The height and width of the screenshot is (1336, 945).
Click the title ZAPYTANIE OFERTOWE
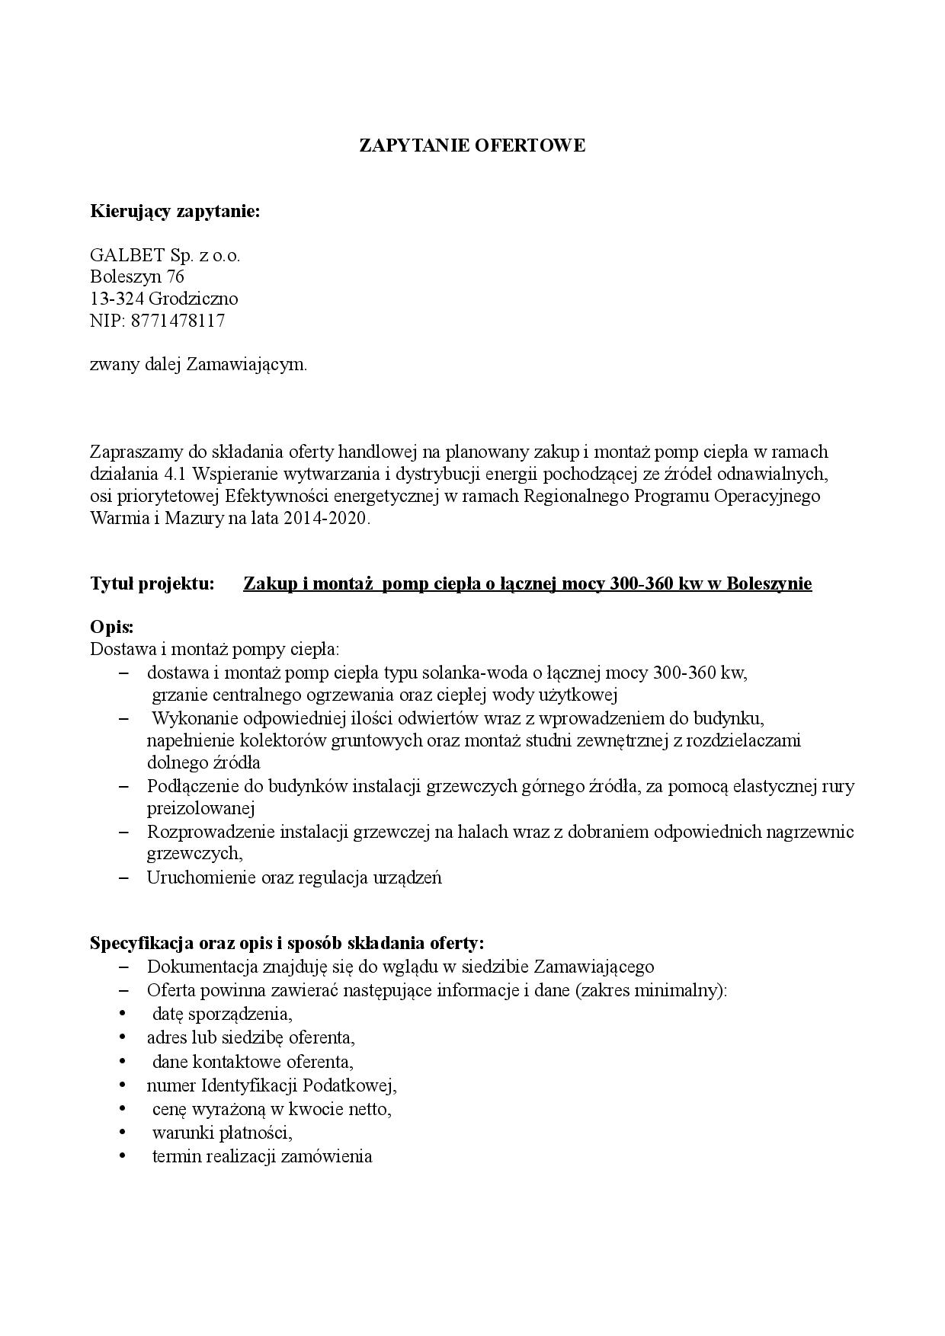(x=472, y=145)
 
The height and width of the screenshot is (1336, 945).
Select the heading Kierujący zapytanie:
(x=175, y=211)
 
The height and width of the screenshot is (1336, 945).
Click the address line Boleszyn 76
(x=137, y=276)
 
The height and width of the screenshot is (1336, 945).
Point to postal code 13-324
(x=117, y=299)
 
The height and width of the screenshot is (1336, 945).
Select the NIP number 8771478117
(x=178, y=321)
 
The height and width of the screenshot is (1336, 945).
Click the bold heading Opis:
(x=112, y=628)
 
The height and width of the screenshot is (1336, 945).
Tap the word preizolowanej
(x=200, y=808)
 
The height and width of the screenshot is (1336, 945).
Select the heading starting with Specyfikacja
(x=287, y=943)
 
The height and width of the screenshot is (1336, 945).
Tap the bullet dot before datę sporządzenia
(x=121, y=1014)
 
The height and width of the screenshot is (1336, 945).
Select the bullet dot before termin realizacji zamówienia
(x=121, y=1156)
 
